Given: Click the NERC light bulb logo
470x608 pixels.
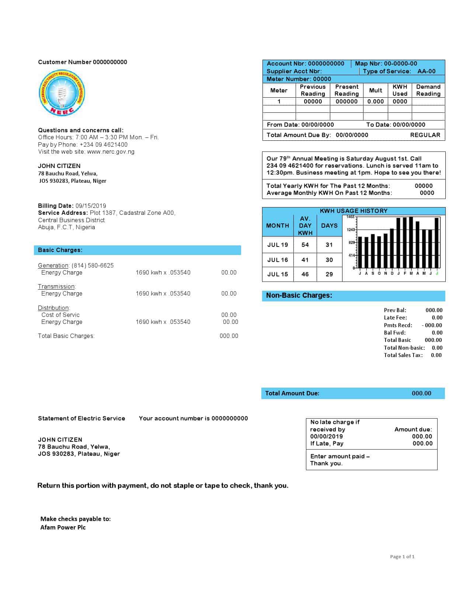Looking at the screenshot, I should pos(62,93).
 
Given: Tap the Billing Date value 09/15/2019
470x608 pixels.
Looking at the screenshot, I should pos(91,206).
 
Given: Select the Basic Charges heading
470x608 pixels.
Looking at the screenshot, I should pos(60,250).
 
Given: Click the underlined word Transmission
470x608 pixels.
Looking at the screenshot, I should pos(56,287).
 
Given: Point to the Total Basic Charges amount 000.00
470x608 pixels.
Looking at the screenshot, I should pos(229,336).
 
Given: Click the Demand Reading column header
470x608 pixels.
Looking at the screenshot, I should pos(428,90).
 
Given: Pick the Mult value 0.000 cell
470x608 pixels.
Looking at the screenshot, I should pos(376,102).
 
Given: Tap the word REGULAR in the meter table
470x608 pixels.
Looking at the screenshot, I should pos(425,135).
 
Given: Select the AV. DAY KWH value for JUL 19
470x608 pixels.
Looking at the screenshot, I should pos(305,245).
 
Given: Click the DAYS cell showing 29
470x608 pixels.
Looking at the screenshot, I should pos(329,275).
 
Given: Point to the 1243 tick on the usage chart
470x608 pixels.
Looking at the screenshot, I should pos(350,230).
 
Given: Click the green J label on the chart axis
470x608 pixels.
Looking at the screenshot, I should pos(437,273).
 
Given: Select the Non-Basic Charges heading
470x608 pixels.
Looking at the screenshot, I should pos(299,296).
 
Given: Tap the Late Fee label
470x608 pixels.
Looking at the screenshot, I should pos(395,318).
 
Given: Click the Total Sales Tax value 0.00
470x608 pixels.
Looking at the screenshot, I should pos(436,355).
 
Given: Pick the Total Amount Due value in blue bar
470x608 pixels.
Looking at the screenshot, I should pos(421,394).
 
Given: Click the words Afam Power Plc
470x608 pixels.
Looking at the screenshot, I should pos(63,527).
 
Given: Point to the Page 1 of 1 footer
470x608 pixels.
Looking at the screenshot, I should pos(402,557).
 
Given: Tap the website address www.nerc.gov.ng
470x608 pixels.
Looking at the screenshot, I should pos(111,152).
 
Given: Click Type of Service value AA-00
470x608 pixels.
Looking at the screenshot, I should pos(426,71).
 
